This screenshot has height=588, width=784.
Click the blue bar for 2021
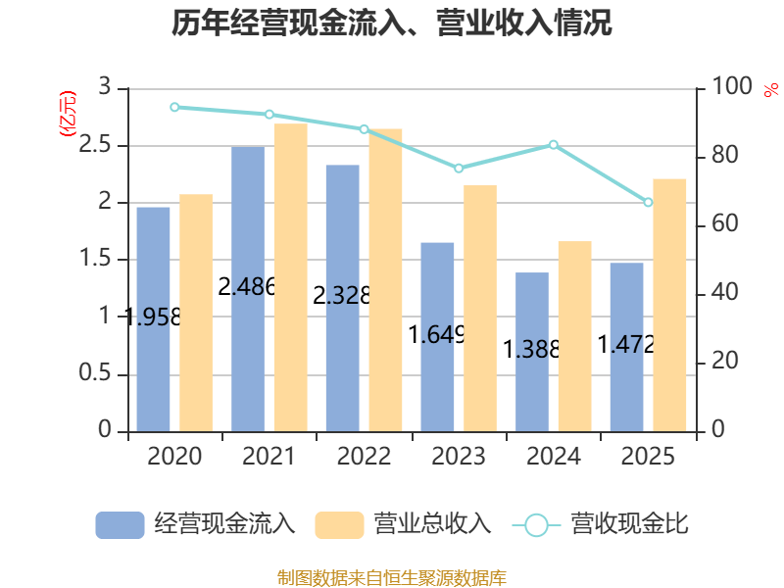pos(248,289)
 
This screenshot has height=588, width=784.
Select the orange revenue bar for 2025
pos(669,305)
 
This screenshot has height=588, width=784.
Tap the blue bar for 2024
pos(532,352)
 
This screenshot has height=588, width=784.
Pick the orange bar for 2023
pos(480,309)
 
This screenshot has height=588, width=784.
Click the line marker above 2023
pos(459,169)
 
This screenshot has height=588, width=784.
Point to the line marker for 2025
pos(648,202)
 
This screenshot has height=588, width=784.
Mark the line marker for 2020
pos(174,107)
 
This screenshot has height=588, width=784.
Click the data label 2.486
pos(247,286)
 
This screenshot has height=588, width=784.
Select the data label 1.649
pos(437,334)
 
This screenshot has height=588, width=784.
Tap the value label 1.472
pos(626,345)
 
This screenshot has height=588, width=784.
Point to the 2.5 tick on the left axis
pos(94,144)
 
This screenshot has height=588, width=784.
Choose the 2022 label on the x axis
pos(364,456)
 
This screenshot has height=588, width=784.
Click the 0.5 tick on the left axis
pos(94,372)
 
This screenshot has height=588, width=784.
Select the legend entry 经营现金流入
pos(195,524)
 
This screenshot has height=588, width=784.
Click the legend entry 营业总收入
pos(403,524)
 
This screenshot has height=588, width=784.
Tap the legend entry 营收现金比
pos(601,524)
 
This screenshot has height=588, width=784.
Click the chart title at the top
pos(391,23)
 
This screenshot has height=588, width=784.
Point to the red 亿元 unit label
pos(68,114)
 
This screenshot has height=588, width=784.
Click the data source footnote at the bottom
pos(391,578)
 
